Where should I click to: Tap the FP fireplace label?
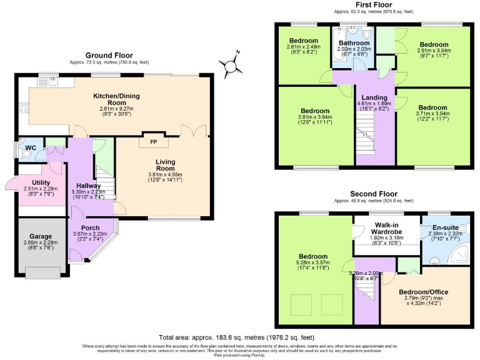pyautogui.click(x=153, y=141)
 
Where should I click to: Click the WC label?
pyautogui.click(x=29, y=148)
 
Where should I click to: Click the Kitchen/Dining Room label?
pyautogui.click(x=116, y=99)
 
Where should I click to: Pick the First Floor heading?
pyautogui.click(x=373, y=4)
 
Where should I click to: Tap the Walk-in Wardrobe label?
pyautogui.click(x=384, y=228)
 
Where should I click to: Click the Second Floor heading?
pyautogui.click(x=373, y=194)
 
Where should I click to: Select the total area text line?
pyautogui.click(x=239, y=337)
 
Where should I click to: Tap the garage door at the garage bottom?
pyautogui.click(x=42, y=272)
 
